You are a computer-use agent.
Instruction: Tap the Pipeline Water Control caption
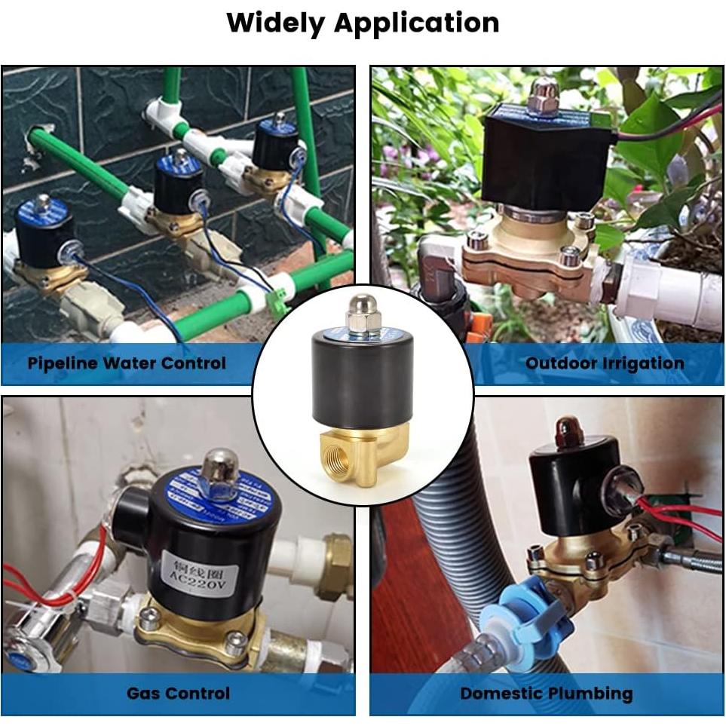click(x=127, y=363)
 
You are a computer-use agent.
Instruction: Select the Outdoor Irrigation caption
click(x=605, y=363)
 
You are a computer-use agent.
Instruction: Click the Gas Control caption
click(x=178, y=693)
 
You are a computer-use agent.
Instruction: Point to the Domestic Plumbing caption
click(x=547, y=693)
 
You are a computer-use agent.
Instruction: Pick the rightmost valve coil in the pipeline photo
click(x=274, y=148)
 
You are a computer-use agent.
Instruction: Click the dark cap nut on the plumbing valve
click(x=568, y=430)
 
